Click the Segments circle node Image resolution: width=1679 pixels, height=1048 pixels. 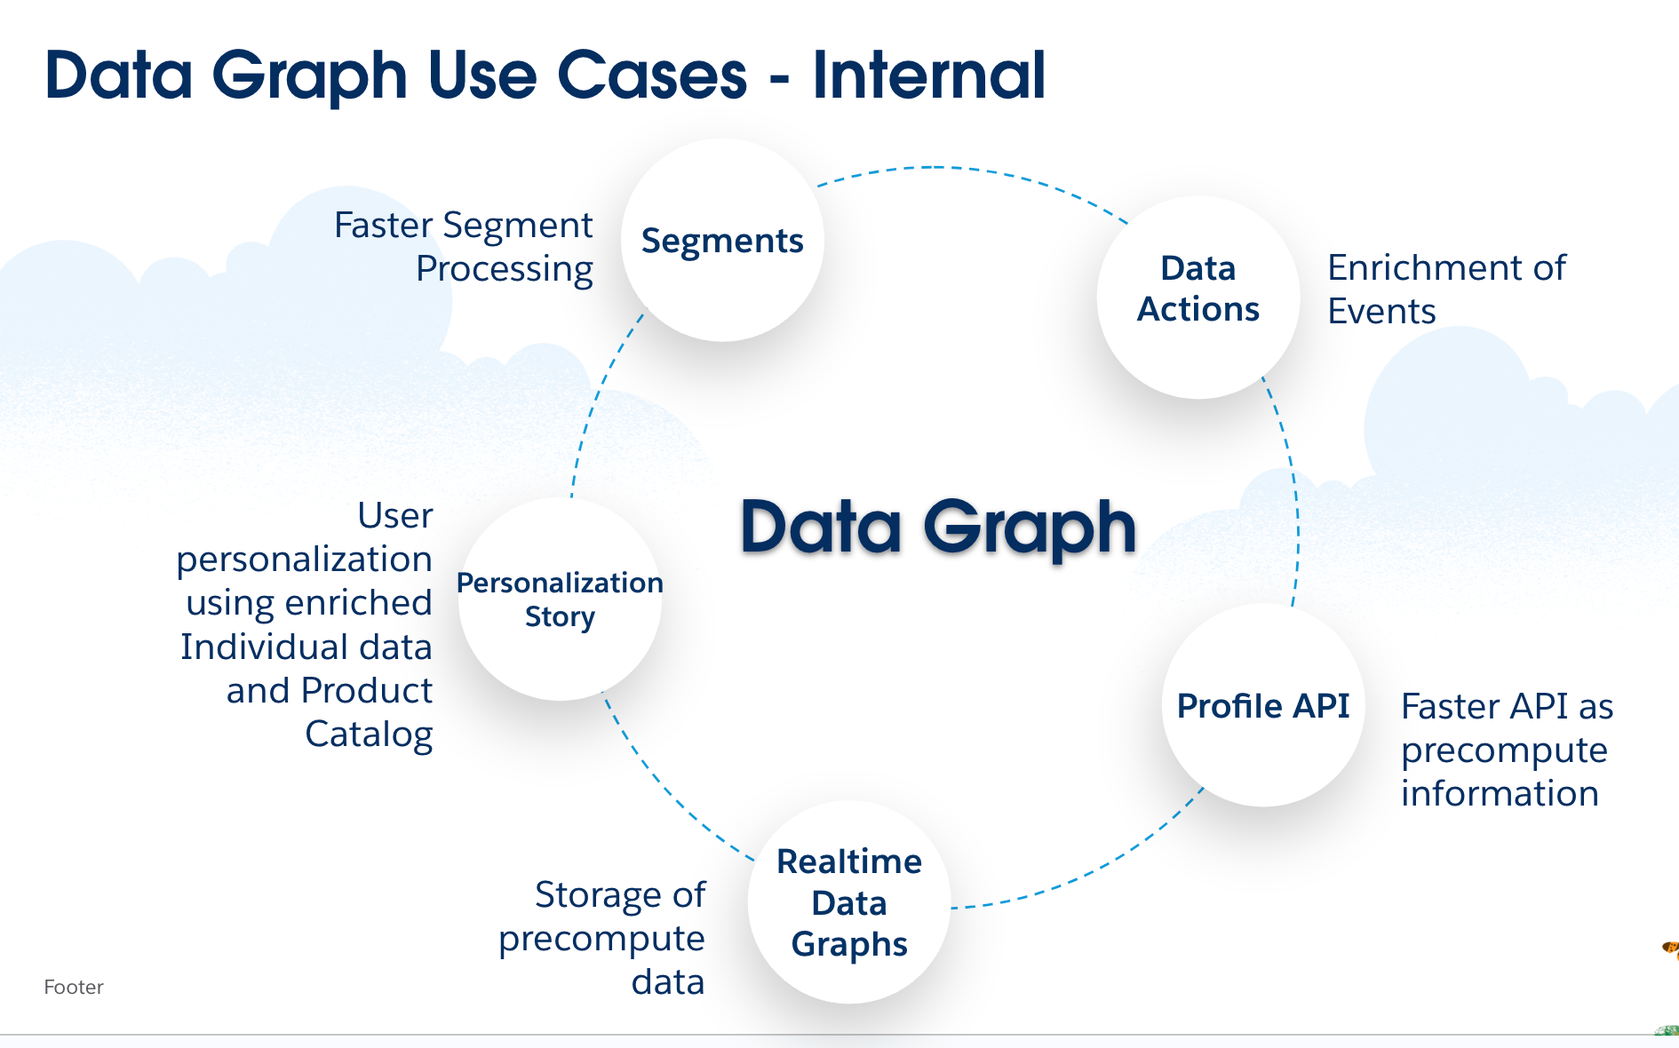[722, 241]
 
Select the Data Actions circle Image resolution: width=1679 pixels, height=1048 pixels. [1198, 297]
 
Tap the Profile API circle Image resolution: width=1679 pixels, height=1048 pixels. [1262, 706]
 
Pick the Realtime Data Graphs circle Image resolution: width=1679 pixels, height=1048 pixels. [849, 902]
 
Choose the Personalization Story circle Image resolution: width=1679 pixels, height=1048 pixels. [560, 599]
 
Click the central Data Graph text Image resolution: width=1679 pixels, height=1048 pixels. [938, 527]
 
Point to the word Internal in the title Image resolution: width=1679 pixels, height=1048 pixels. [928, 75]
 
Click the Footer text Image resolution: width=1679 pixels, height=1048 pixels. [74, 987]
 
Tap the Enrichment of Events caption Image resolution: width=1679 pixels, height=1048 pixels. [1446, 290]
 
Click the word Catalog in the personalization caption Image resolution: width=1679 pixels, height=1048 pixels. [369, 734]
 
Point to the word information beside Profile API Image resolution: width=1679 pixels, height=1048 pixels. [1500, 793]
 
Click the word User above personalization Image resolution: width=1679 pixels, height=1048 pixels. [395, 515]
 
